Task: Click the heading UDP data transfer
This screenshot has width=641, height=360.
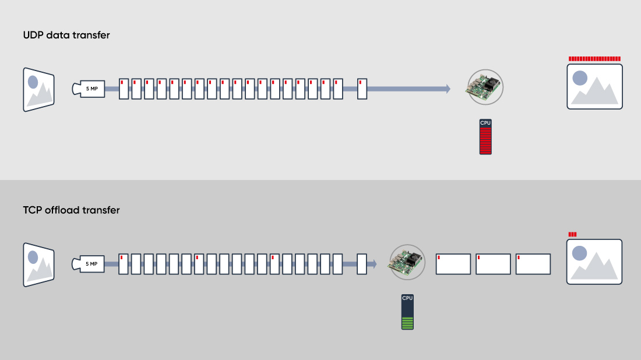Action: click(x=66, y=35)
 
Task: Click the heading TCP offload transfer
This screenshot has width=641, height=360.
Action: click(x=71, y=210)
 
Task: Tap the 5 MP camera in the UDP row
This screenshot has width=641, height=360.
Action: click(x=89, y=89)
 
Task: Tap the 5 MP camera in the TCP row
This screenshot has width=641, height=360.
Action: click(x=89, y=264)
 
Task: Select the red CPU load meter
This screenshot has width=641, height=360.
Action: click(x=485, y=137)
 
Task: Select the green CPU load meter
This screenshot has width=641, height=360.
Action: click(x=407, y=312)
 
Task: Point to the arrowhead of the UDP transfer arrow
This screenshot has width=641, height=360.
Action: click(x=447, y=89)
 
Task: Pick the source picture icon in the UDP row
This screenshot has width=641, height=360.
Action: click(x=38, y=89)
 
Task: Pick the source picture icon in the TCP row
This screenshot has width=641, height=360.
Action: click(x=38, y=264)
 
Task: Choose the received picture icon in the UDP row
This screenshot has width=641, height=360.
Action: click(x=594, y=86)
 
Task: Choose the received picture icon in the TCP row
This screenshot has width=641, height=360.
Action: click(x=594, y=262)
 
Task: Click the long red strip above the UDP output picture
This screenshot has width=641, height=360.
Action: click(x=594, y=59)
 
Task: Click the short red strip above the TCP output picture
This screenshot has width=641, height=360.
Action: click(x=572, y=234)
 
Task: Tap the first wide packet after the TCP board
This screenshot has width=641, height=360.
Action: click(x=453, y=264)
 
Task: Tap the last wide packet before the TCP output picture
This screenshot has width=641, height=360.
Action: click(x=533, y=264)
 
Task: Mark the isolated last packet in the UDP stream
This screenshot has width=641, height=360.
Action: click(x=362, y=89)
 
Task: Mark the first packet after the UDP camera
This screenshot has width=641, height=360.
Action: click(x=124, y=89)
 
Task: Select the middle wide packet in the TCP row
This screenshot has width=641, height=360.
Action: click(x=493, y=264)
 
